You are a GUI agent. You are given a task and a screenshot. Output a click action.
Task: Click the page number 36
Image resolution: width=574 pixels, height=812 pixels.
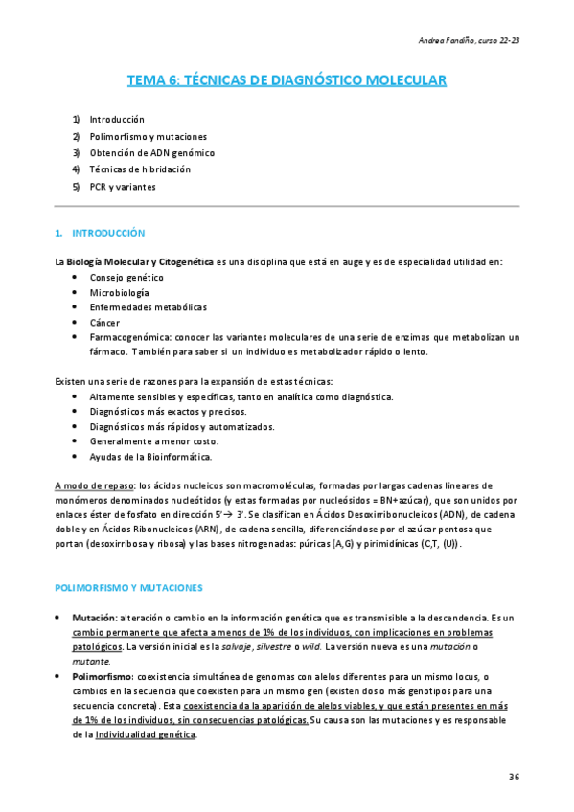click(514, 778)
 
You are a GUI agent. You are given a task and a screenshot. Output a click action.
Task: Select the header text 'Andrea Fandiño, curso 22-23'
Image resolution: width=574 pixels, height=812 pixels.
click(471, 40)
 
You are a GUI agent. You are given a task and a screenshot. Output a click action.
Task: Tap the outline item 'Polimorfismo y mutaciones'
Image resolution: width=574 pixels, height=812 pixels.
click(148, 136)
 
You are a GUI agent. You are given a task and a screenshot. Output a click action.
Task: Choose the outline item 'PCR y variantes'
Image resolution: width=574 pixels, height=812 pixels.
click(123, 187)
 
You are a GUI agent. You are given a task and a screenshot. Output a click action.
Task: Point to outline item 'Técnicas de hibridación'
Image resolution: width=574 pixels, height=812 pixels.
click(140, 169)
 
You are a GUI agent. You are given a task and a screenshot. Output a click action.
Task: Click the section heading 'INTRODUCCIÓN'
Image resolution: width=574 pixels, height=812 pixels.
click(105, 233)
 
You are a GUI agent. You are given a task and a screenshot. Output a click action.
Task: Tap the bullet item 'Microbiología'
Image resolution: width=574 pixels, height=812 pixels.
click(120, 292)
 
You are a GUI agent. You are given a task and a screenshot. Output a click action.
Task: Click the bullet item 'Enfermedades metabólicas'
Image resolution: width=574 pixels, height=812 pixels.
click(149, 307)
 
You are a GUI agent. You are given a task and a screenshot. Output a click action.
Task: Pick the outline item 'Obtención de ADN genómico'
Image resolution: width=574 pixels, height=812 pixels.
click(151, 153)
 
